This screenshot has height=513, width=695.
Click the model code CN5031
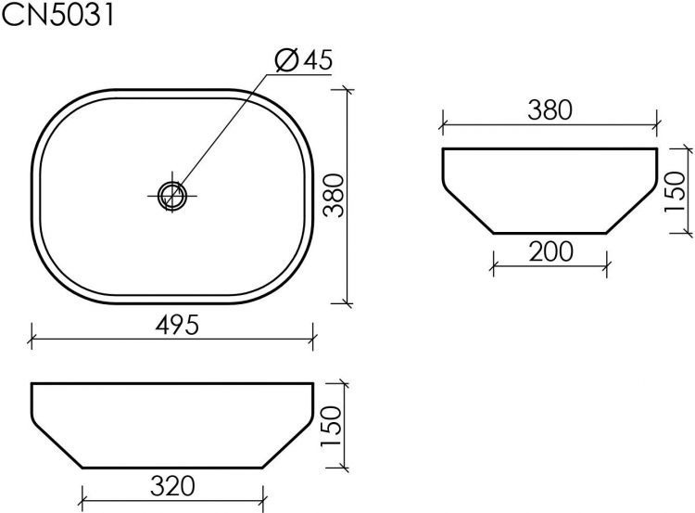58,18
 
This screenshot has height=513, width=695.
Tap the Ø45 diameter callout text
305,61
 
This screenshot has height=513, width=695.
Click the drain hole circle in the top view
172,195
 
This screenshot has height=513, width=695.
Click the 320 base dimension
173,484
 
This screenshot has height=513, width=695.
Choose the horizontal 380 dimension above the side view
550,109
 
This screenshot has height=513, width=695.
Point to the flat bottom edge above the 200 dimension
550,232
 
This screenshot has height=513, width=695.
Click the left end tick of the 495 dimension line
33,336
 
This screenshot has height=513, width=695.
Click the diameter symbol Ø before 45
286,61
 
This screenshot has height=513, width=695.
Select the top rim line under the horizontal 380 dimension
550,148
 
